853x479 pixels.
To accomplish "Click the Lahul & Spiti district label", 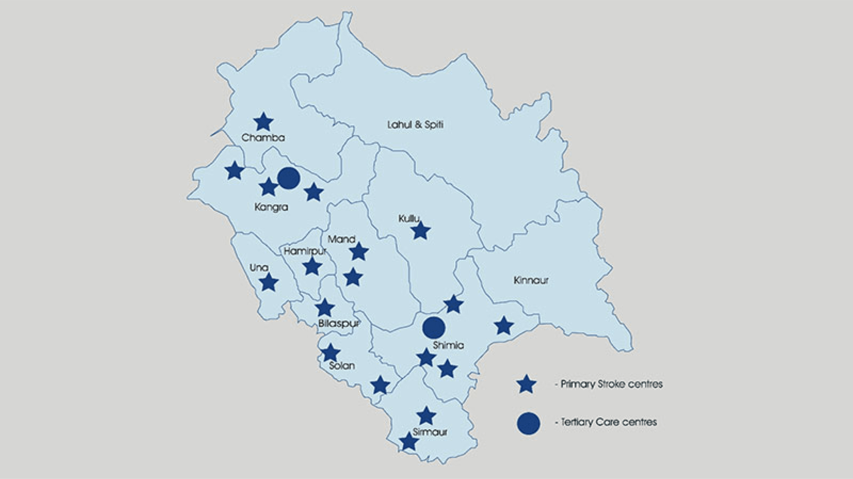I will tap(415, 125).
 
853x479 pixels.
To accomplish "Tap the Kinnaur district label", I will tap(531, 280).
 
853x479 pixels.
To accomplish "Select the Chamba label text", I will tap(263, 138).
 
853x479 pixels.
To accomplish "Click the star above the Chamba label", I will tap(263, 122).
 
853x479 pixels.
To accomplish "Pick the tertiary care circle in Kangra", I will tap(289, 178).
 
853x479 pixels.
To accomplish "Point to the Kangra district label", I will tap(271, 207).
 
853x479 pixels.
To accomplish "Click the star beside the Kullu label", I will tap(420, 231).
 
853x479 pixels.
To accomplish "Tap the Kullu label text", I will tap(409, 219).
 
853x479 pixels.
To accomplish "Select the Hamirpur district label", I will tap(305, 251).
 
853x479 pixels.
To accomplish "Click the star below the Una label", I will tap(269, 282).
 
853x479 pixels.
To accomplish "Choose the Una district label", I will tap(259, 268).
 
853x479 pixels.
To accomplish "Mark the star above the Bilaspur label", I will tap(325, 308).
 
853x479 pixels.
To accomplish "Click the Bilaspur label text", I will tap(339, 323).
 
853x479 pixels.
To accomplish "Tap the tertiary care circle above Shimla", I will tap(434, 328).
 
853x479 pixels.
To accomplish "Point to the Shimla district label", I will tap(448, 345).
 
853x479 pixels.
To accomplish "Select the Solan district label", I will tap(342, 366).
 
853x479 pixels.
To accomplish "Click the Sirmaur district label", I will tap(430, 432).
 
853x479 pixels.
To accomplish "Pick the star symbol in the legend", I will tap(526, 384).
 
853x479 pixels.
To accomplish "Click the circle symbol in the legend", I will tap(529, 424).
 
